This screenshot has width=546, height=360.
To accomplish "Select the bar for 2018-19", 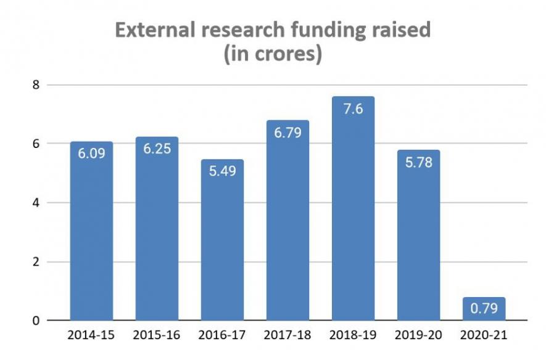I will coord(353,216).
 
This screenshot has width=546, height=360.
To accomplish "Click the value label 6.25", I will coord(157,149).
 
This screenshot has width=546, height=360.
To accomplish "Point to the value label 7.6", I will coord(353,109).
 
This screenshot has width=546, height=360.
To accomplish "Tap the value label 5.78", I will coord(418,163).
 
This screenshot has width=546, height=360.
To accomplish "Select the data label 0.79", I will coord(484,309).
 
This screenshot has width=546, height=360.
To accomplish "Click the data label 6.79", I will coord(287,133).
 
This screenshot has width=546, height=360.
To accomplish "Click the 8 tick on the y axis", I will coord(36,85).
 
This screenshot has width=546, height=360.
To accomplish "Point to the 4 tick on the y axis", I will coord(36,203).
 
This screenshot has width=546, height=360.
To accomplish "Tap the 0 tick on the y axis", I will coord(36,321).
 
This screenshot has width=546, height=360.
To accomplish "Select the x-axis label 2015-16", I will coord(157,337).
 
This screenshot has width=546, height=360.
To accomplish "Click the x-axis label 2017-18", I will coord(287,337).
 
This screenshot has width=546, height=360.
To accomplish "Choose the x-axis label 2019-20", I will coord(418,337).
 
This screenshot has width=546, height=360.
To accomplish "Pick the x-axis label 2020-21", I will coord(484,337).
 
